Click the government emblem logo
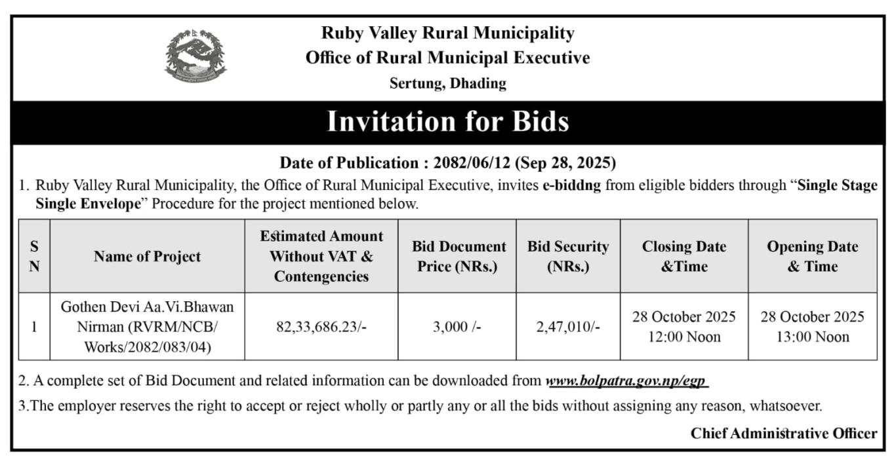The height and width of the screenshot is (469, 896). [195, 55]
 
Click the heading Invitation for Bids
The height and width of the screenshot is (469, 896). [447, 122]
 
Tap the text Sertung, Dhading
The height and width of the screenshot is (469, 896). [447, 83]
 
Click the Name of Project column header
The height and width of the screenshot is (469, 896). [147, 256]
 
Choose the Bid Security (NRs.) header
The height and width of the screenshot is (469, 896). [567, 256]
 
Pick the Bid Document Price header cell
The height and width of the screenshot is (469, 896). [458, 256]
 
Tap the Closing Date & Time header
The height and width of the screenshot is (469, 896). [683, 256]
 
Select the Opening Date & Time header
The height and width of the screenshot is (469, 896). [812, 256]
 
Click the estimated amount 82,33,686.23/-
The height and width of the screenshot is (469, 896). [321, 327]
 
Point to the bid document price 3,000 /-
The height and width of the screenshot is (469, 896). [457, 327]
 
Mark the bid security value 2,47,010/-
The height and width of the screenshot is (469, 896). [567, 327]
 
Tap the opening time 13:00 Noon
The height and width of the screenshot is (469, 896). [812, 337]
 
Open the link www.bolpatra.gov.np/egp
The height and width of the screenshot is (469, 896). [626, 381]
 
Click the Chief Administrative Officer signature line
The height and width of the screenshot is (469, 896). [783, 433]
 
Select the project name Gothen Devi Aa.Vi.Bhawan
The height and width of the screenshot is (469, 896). [147, 306]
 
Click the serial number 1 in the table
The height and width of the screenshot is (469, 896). [34, 327]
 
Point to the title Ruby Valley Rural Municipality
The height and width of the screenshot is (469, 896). [447, 33]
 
